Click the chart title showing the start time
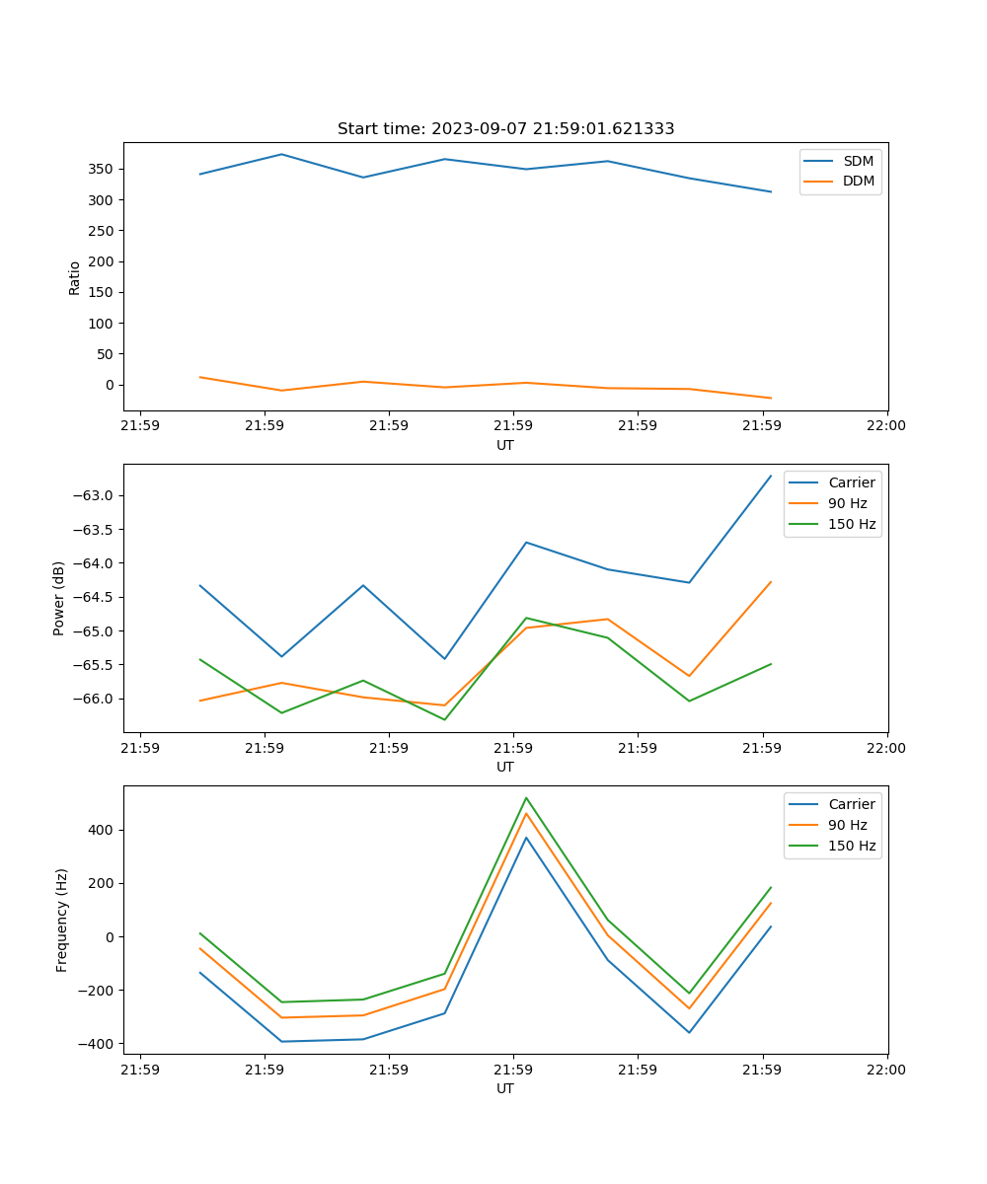coord(505,129)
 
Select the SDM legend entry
coord(858,161)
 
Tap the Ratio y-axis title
coord(75,277)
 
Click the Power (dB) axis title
coord(60,598)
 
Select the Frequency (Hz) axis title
coord(62,920)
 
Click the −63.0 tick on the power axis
coord(96,495)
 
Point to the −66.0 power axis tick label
coord(96,699)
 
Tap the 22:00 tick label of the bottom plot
coord(886,1069)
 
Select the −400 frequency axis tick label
coord(98,1043)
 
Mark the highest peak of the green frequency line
coord(526,797)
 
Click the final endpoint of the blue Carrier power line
coord(771,476)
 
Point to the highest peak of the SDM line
coord(281,154)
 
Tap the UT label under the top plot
coord(505,445)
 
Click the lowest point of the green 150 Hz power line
coord(444,719)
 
